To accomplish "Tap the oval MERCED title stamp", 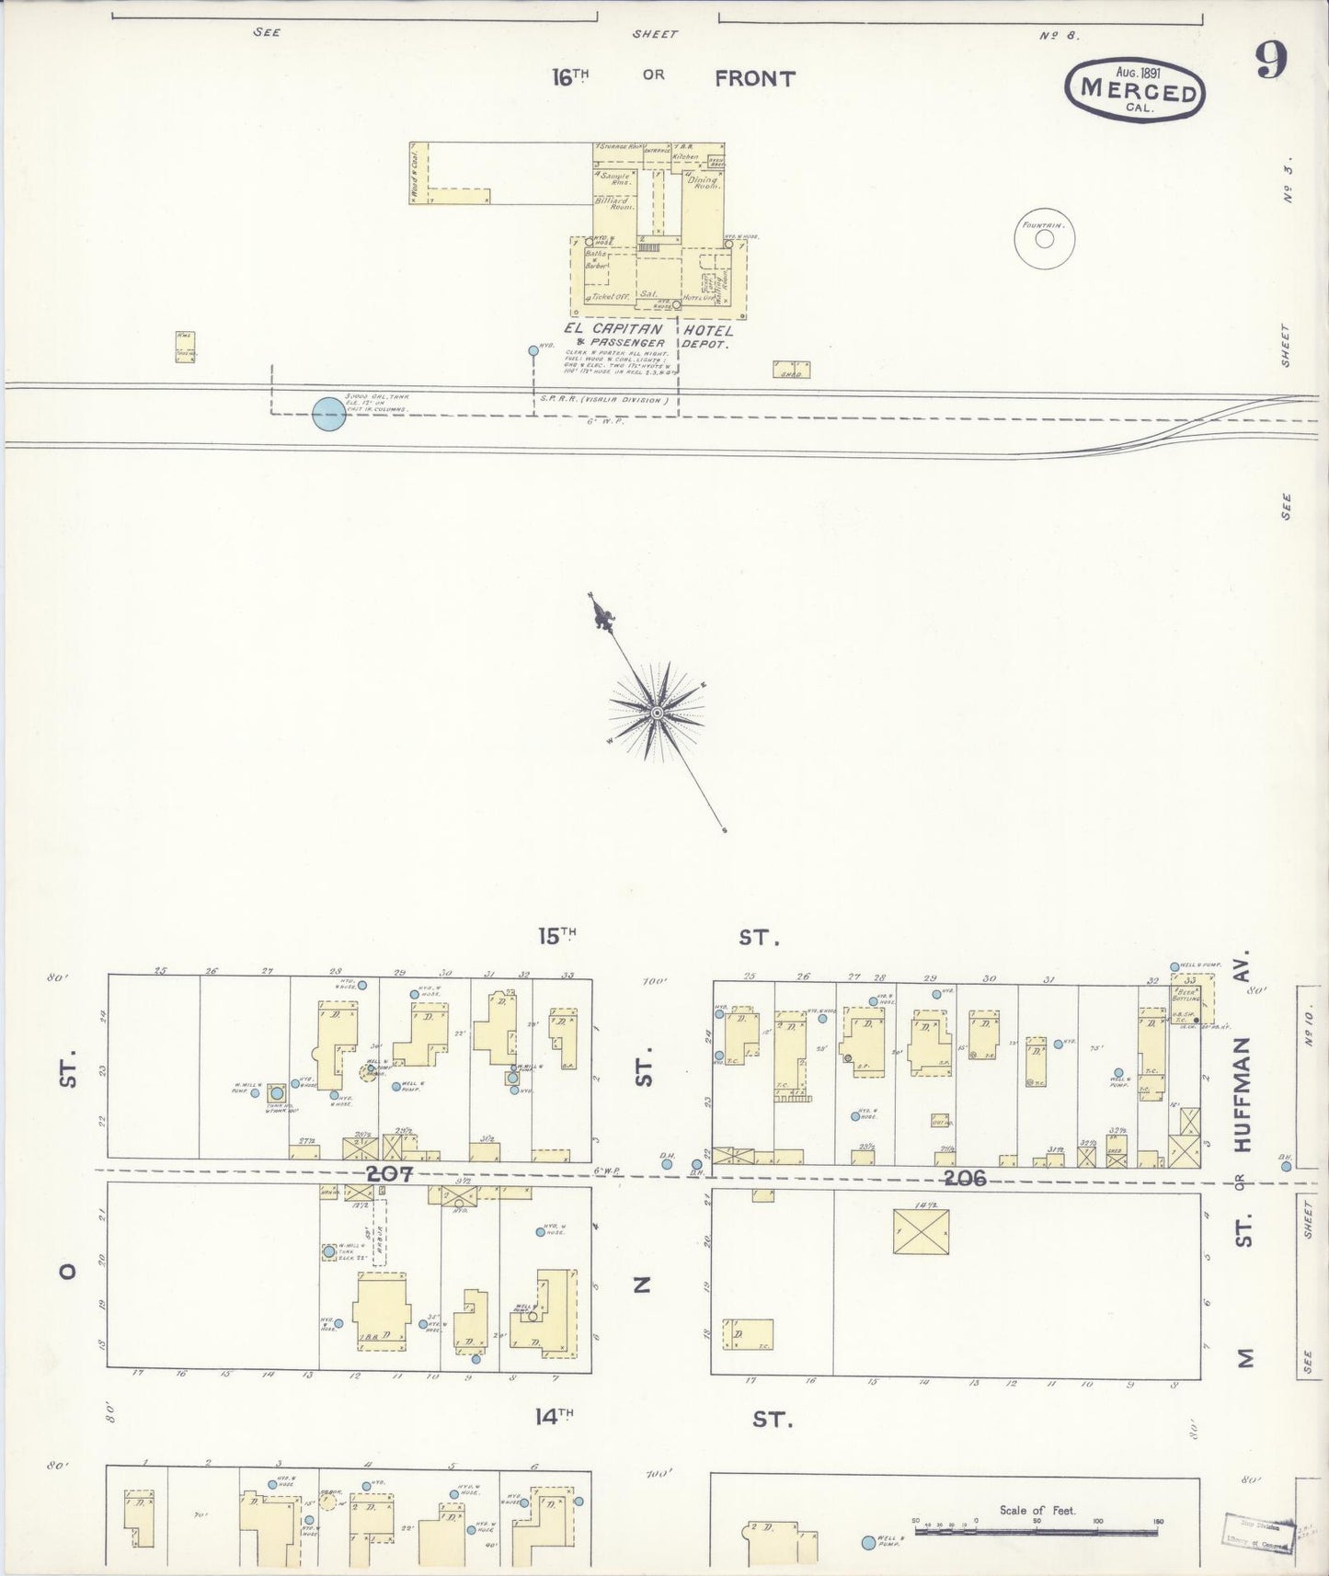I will (1135, 90).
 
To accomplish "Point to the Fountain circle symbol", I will (1045, 239).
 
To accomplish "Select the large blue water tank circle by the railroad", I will (329, 414).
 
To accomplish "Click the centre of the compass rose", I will (657, 713).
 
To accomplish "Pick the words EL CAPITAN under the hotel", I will (613, 329).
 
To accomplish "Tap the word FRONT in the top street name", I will (754, 79).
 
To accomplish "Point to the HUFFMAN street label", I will (1243, 1094).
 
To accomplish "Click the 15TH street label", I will (557, 936).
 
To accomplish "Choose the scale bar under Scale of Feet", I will (1037, 1532).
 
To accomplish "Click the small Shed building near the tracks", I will (791, 371).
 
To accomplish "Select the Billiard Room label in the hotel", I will (613, 204).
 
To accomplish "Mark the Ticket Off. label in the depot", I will (608, 297).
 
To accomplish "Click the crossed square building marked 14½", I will (921, 1230).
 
